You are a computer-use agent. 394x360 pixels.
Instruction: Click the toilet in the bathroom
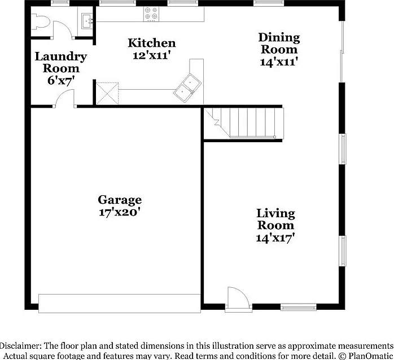[x=40, y=22]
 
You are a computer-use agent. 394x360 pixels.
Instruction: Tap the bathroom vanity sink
[x=87, y=21]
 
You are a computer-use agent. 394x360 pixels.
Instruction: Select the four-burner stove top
[x=151, y=14]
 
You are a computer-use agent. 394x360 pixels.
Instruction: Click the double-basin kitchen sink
[x=187, y=87]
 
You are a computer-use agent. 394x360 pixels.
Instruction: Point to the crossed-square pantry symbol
[x=107, y=94]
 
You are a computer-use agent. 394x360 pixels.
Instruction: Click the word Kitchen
[x=152, y=43]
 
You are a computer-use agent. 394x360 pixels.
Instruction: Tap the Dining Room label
[x=279, y=43]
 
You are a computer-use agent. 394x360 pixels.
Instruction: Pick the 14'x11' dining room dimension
[x=279, y=62]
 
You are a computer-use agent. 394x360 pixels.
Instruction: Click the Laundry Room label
[x=61, y=62]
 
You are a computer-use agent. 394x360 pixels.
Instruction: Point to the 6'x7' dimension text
[x=61, y=81]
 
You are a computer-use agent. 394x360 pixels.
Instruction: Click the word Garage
[x=120, y=200]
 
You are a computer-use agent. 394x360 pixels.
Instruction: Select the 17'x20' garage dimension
[x=119, y=213]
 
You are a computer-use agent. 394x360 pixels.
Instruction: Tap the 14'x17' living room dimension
[x=275, y=238]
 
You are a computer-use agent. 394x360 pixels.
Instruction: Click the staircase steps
[x=244, y=122]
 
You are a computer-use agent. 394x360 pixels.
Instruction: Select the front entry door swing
[x=238, y=297]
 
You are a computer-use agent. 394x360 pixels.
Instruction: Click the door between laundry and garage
[x=65, y=99]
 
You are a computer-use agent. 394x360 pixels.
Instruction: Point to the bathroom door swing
[x=63, y=30]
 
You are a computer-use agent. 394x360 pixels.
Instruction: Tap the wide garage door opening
[x=120, y=304]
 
